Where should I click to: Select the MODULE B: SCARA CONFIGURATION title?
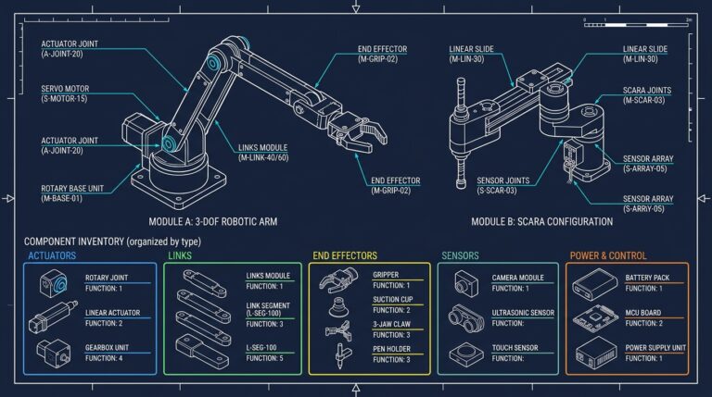(541, 222)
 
